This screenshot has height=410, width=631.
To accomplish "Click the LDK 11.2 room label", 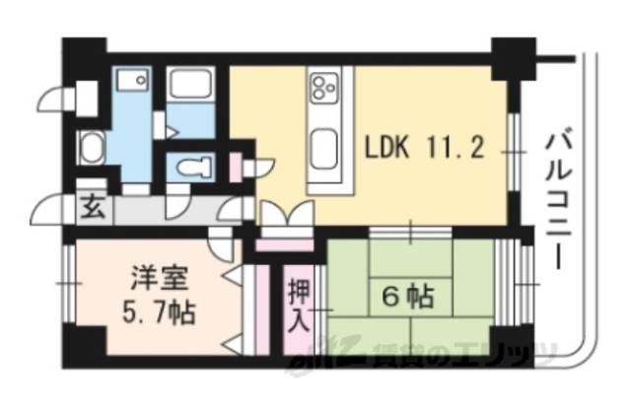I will [424, 148].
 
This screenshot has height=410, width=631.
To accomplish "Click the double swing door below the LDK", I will [286, 217].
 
